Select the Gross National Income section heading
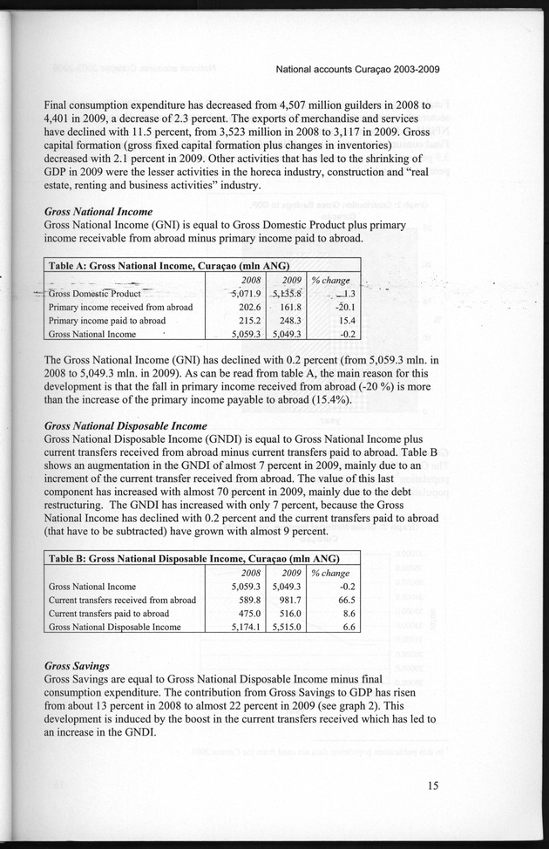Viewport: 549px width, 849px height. pyautogui.click(x=98, y=211)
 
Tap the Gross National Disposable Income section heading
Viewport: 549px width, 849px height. pyautogui.click(x=125, y=425)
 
